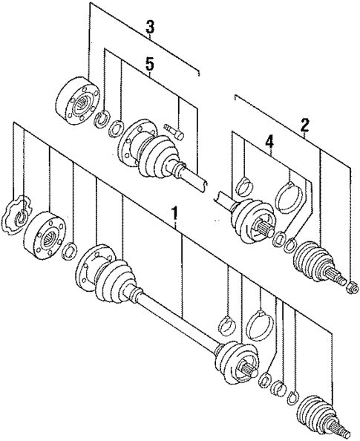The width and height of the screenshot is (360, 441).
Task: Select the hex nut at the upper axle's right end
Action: point(353,285)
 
